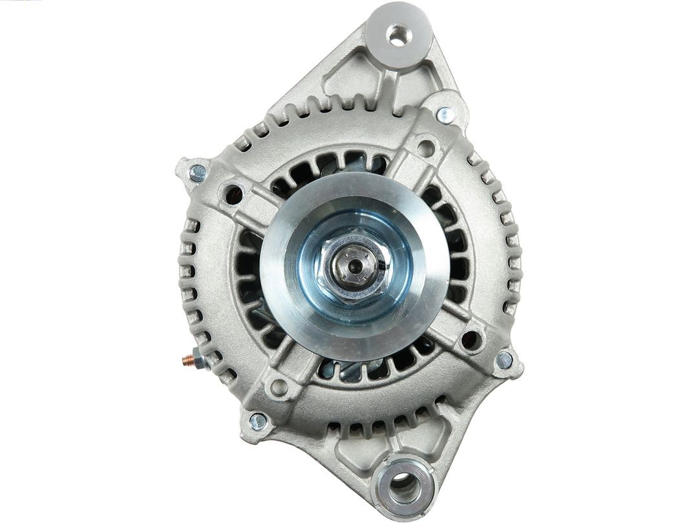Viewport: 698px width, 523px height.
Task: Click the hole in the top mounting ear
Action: coord(398,34)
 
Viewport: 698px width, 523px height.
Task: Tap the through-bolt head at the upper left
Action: coord(197,172)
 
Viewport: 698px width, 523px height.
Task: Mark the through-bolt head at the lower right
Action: coord(503,360)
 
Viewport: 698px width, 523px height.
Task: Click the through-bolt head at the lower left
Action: coord(258,421)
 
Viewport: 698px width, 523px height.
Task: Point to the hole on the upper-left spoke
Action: coord(232,192)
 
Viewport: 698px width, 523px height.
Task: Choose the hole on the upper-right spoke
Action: coord(425,147)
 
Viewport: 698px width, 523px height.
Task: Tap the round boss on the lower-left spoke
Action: coord(279,387)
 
